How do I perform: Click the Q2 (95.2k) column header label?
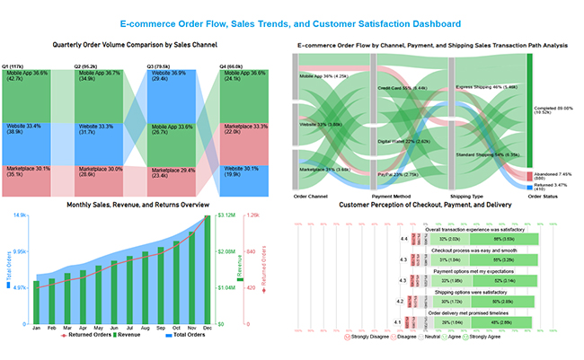click(x=91, y=66)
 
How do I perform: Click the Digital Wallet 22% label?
click(x=401, y=141)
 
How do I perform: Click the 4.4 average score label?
click(x=403, y=240)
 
